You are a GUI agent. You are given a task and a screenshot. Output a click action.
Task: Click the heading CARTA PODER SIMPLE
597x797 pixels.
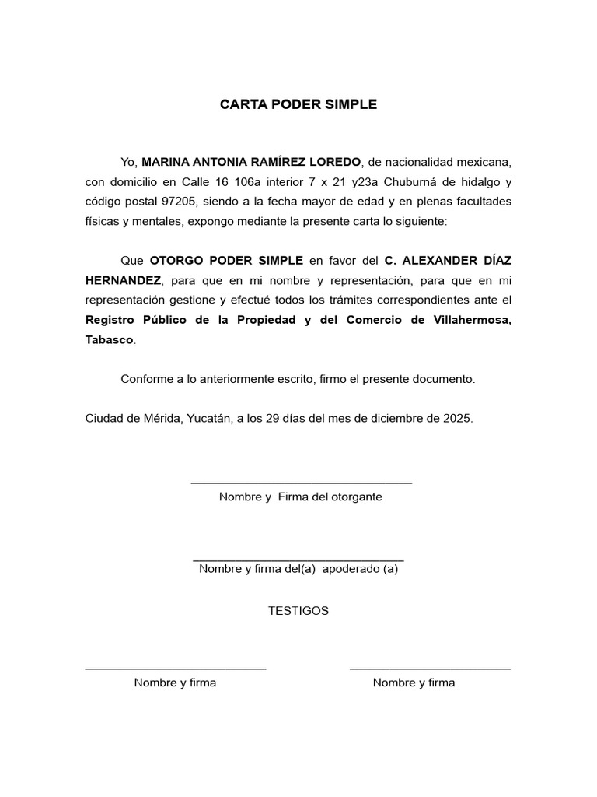coord(298,104)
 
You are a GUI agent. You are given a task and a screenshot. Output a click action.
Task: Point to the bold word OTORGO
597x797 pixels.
coord(175,260)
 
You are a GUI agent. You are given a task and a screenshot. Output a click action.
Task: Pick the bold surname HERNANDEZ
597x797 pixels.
coord(123,280)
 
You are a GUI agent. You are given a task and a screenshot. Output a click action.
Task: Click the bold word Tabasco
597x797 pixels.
coord(110,340)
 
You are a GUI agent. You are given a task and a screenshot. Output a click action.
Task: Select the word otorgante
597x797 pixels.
coord(356,497)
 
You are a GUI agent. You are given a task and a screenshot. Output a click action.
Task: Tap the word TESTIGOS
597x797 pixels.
coord(298,611)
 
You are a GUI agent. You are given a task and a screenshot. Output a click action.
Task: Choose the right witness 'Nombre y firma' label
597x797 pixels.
coord(414,683)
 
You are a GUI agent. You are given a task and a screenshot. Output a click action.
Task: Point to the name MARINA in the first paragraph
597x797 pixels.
coord(166,162)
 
